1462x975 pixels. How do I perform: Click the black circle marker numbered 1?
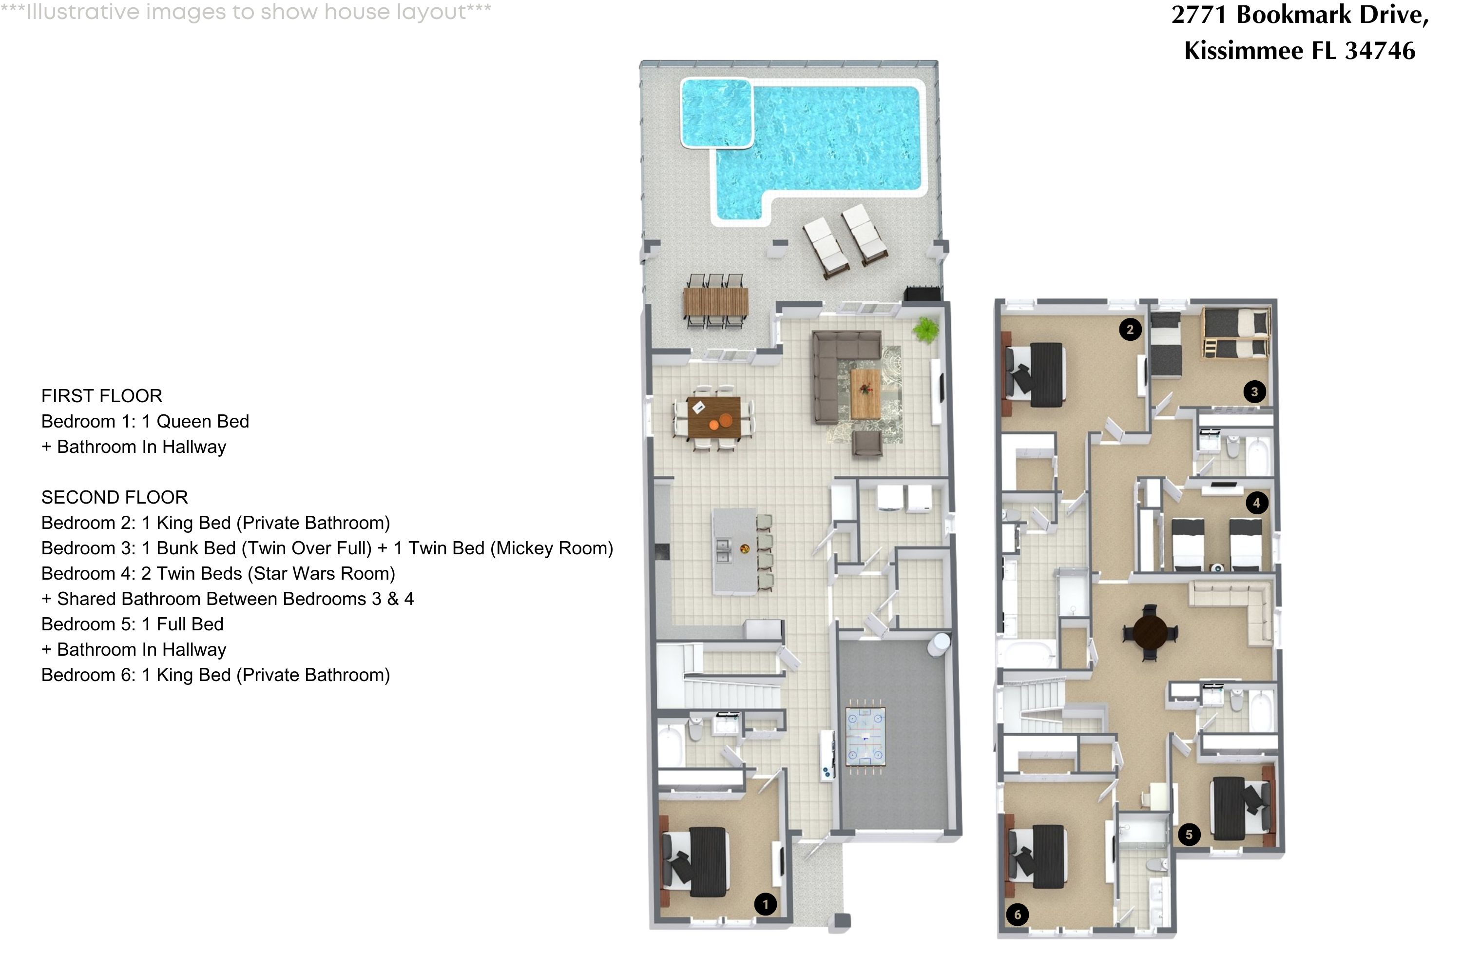[765, 904]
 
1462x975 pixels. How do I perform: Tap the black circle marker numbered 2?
[1130, 329]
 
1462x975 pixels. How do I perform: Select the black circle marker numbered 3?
[1254, 392]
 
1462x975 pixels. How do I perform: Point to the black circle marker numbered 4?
[1256, 503]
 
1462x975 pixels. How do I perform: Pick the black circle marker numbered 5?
[1189, 835]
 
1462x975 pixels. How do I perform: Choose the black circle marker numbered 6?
[1017, 915]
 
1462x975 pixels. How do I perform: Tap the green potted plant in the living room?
[925, 330]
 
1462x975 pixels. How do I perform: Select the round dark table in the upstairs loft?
[1150, 632]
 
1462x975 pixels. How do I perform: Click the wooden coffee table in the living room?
[866, 393]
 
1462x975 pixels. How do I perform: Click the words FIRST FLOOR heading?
[101, 395]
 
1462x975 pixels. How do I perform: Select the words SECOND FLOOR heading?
[115, 497]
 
